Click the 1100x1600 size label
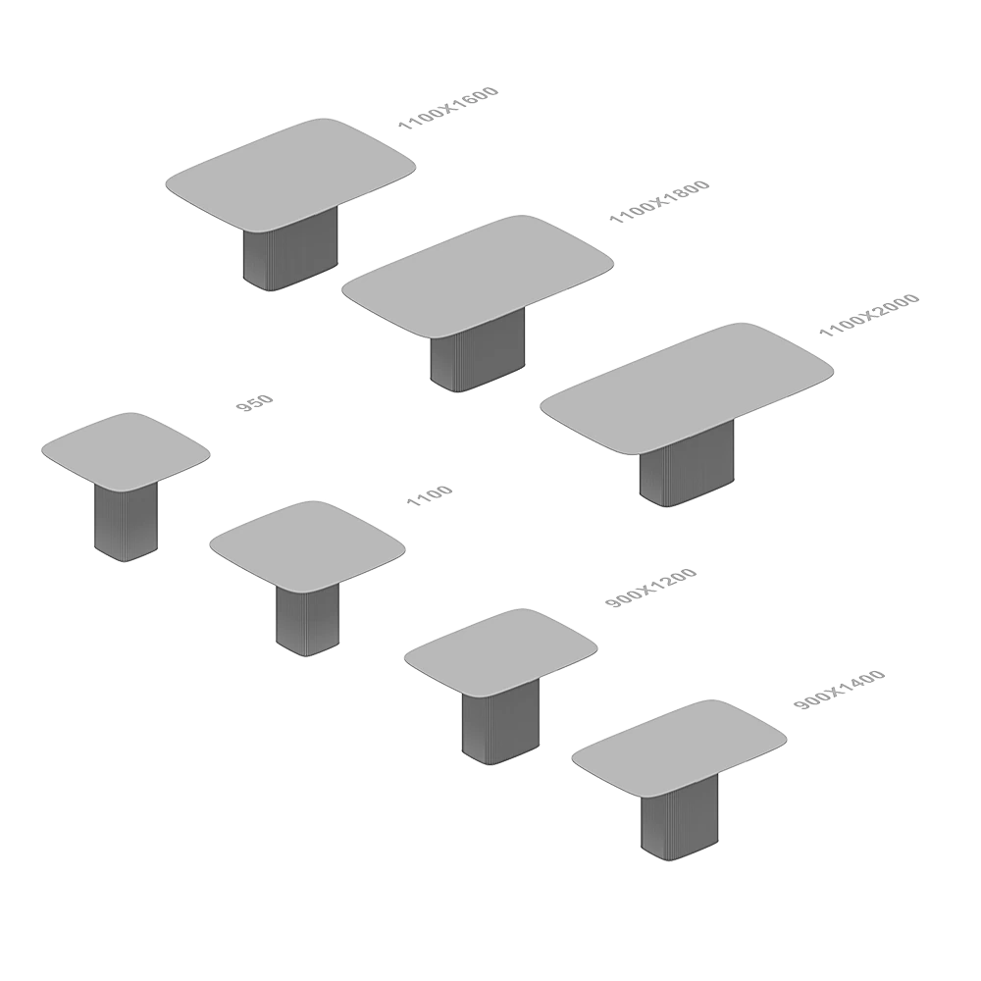(x=448, y=109)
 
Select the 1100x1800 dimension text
(x=660, y=203)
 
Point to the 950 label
(x=255, y=403)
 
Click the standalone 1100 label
(x=429, y=496)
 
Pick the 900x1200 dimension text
(x=650, y=590)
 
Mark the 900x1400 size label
(x=839, y=690)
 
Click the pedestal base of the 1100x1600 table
(x=288, y=257)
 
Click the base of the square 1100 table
(x=309, y=618)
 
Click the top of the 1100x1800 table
(x=477, y=274)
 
